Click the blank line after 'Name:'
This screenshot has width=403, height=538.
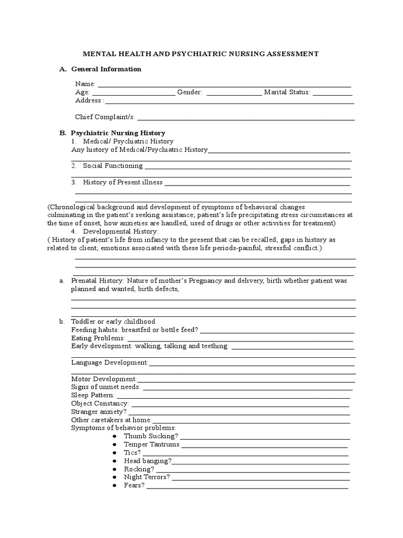pyautogui.click(x=225, y=85)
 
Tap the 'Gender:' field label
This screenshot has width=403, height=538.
pyautogui.click(x=189, y=92)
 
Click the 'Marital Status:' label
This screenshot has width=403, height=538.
pyautogui.click(x=287, y=92)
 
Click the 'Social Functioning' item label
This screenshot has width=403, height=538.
pyautogui.click(x=112, y=165)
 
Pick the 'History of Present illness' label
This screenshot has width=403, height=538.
pyautogui.click(x=122, y=182)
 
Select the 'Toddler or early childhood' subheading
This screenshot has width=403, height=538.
pyautogui.click(x=113, y=321)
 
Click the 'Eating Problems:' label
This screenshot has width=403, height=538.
pyautogui.click(x=98, y=338)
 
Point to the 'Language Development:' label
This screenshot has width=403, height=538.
pyautogui.click(x=110, y=363)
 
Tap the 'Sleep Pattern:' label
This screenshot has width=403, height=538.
pyautogui.click(x=92, y=395)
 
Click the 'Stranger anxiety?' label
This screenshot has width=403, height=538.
pyautogui.click(x=99, y=411)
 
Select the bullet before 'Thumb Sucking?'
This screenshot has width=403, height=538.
pyautogui.click(x=114, y=436)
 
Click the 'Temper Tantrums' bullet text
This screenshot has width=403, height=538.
pyautogui.click(x=151, y=444)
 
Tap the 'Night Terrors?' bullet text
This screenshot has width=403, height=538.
pyautogui.click(x=146, y=477)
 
